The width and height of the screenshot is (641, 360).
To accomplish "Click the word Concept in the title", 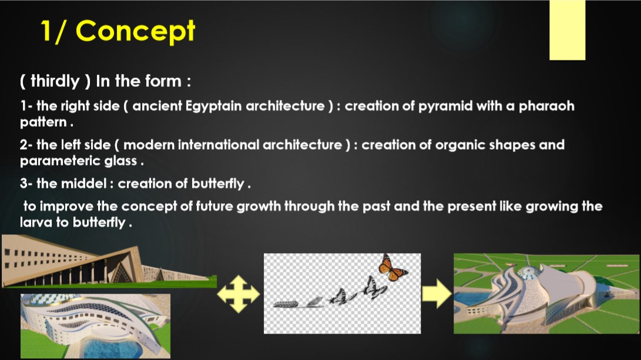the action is (x=135, y=32).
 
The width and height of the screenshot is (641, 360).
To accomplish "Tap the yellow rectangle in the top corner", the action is (x=568, y=30).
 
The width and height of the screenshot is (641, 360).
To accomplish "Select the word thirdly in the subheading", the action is (x=55, y=81).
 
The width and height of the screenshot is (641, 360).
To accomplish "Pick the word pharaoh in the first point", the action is (x=546, y=106).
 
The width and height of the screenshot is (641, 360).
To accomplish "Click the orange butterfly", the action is (x=392, y=268).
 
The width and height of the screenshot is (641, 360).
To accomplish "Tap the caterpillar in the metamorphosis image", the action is (x=286, y=304).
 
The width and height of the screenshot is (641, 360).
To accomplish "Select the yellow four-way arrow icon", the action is (x=239, y=294).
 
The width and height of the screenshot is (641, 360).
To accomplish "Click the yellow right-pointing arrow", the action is (x=437, y=294).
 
